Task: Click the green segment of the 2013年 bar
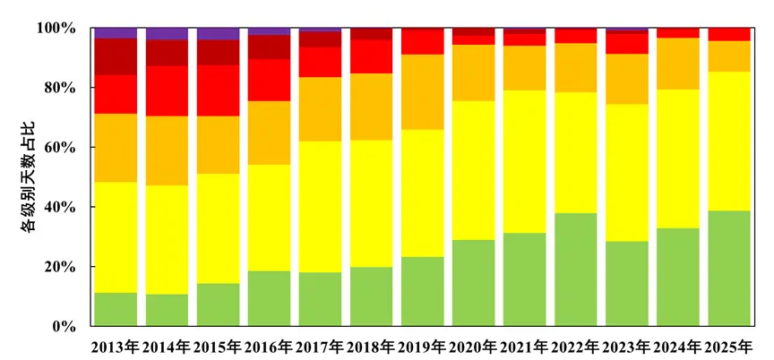coord(116,309)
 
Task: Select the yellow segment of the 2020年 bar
coord(473,170)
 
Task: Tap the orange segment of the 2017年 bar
coord(320,109)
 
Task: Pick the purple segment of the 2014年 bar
coord(167,34)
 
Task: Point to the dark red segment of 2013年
coord(116,56)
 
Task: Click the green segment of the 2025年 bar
coord(728,269)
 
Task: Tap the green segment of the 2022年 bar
coord(575,270)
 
